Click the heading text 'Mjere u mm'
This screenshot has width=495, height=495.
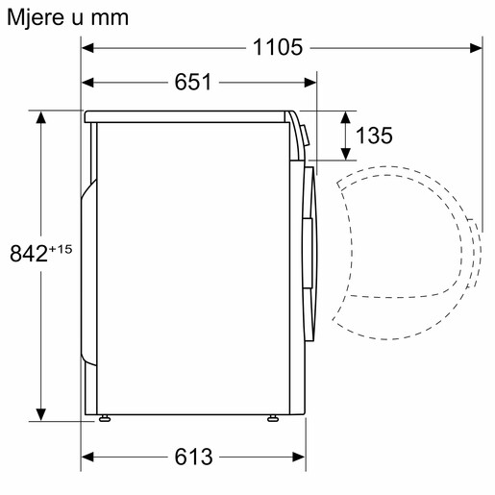point(67,16)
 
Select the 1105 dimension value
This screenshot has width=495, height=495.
point(278,46)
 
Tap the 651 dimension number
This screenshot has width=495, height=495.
point(193,83)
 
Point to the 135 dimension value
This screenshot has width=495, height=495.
point(374,136)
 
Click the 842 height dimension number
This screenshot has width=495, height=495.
point(28,254)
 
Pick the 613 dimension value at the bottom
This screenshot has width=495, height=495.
point(193,457)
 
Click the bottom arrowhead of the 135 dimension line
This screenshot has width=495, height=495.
point(344,155)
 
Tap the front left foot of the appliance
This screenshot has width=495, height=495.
point(102,419)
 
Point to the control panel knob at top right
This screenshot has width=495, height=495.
point(304,134)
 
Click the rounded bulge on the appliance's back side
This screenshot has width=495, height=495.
point(87,269)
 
